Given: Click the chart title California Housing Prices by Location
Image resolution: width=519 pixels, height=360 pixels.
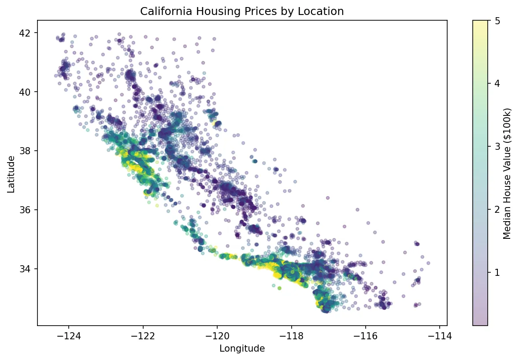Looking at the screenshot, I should [x=242, y=12].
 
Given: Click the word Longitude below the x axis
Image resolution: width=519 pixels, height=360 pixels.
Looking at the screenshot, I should [x=242, y=349].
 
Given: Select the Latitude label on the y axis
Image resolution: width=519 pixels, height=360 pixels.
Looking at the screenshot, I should [x=11, y=174].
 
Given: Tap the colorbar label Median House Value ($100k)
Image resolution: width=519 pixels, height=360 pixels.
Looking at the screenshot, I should [x=507, y=174].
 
